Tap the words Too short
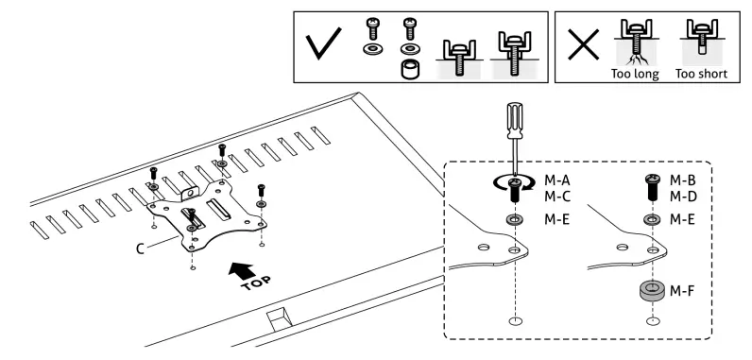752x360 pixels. tap(701, 71)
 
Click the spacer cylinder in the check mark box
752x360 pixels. tap(409, 70)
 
